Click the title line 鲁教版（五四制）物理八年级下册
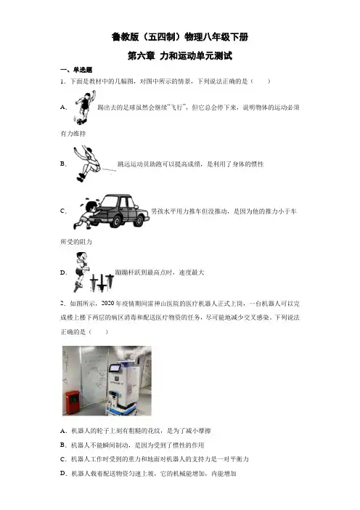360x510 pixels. (180, 37)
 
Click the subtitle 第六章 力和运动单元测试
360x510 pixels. (180, 56)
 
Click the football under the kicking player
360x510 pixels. (80, 121)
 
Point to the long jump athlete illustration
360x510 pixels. (87, 163)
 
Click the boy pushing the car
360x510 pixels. (86, 213)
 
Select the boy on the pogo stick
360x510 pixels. (81, 272)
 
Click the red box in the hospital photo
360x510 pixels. (73, 402)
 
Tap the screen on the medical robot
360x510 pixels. (115, 369)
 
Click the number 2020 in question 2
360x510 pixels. (107, 303)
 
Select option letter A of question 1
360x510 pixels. (64, 107)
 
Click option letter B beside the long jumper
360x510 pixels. (63, 163)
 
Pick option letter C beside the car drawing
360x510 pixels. (63, 211)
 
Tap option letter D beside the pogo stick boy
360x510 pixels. (63, 272)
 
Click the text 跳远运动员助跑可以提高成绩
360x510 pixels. (159, 164)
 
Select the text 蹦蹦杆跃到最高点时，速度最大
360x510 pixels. (160, 272)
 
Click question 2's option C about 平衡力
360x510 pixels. (155, 459)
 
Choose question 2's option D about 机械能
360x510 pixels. (148, 473)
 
